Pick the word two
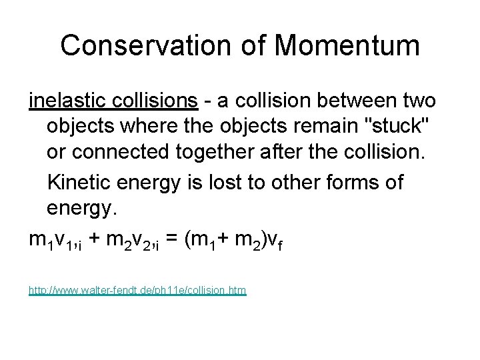click(419, 101)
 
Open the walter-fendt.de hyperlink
click(137, 291)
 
